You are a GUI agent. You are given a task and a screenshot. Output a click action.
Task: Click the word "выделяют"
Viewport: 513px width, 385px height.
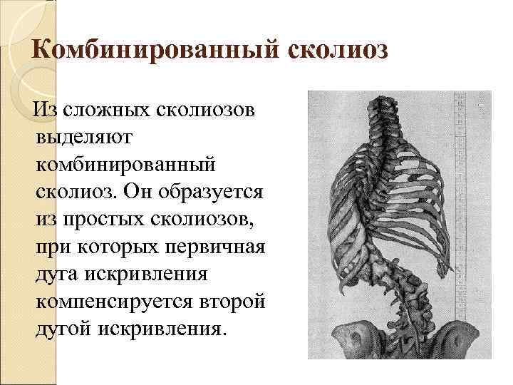[x=79, y=138]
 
